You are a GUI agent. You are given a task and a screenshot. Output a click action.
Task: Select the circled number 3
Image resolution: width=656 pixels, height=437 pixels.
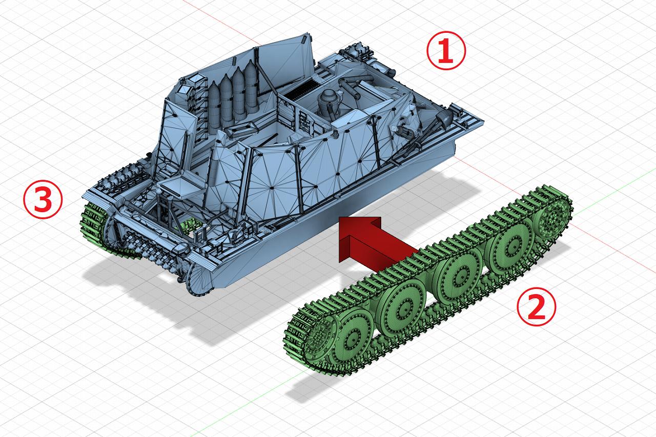(43, 199)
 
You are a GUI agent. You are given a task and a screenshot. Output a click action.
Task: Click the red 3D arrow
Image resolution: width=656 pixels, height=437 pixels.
(378, 243)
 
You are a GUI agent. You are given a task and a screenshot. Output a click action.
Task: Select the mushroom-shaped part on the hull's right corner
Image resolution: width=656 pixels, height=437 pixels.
(444, 118)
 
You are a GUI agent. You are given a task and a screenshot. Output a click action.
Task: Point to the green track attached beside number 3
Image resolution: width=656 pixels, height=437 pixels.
(93, 225)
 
